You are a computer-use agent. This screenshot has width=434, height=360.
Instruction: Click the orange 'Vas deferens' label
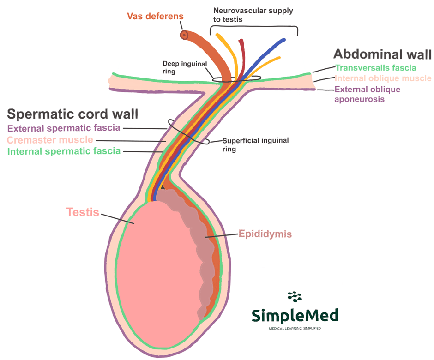155,17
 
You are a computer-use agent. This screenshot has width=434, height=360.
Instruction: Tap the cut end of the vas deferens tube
184,35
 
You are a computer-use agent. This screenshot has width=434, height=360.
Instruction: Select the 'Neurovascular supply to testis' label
253,14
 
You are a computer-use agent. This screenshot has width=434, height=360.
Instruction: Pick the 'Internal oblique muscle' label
383,78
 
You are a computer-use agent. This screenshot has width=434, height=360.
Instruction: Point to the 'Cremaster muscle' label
50,139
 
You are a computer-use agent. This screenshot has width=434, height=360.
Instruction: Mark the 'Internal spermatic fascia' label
63,150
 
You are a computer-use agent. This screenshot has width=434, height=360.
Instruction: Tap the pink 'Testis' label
83,212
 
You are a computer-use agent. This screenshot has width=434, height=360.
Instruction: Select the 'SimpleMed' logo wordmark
295,315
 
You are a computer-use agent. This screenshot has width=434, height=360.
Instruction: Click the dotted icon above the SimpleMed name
294,297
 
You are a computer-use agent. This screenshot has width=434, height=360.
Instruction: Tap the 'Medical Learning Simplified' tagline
295,329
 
